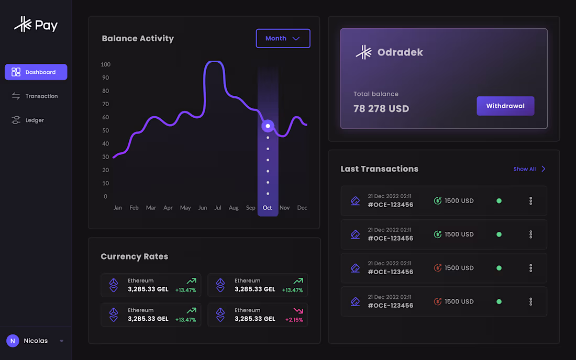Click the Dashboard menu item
coord(36,72)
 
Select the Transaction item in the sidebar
coord(35,96)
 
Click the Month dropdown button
coord(283,39)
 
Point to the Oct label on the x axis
coord(267,208)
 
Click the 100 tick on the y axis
coord(106,64)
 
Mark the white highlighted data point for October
coord(268,126)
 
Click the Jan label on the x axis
coord(118,208)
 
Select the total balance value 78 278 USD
coord(381,109)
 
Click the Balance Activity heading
coord(138,39)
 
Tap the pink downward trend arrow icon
coord(298,310)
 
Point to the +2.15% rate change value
coord(294,320)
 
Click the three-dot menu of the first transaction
coord(530,201)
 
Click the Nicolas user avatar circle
coord(13,341)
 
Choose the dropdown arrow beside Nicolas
coord(61,341)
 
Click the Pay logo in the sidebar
coord(36,25)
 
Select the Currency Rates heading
coord(135,257)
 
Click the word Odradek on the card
coord(400,52)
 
